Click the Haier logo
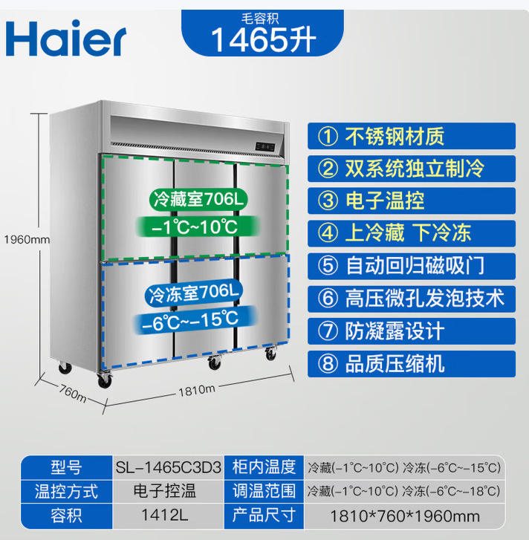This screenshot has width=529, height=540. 66,38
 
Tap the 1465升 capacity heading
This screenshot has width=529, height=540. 263,39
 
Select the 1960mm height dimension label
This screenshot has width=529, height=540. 27,239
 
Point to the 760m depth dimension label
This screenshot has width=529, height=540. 73,393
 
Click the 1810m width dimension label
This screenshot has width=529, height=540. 197,390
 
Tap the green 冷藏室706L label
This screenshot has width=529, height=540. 198,199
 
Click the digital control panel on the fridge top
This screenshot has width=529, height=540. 265,147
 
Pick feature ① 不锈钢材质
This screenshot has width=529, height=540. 411,136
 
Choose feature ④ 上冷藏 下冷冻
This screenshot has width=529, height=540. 411,233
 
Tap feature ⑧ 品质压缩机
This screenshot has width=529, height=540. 411,364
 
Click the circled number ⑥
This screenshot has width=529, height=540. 328,299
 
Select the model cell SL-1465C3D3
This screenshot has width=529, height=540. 168,468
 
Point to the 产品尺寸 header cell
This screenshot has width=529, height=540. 264,515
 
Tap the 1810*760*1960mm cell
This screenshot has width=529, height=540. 405,516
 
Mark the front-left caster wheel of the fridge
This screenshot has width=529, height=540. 104,380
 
